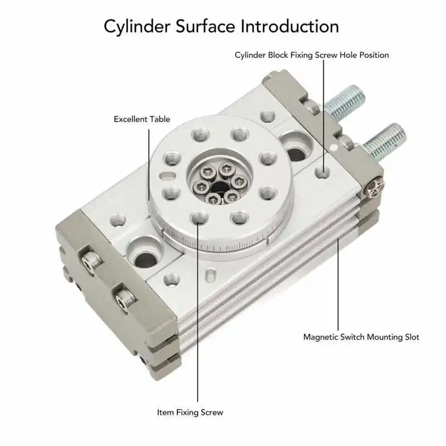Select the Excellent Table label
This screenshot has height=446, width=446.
pos(142,119)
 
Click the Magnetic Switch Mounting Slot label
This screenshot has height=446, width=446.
pos(361,337)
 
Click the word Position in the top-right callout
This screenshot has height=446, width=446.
pos(373,55)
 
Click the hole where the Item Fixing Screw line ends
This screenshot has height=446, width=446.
pos(198,217)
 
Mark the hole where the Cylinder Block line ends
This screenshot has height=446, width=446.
pos(322,172)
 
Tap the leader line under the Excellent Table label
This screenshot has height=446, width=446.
pos(149,162)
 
